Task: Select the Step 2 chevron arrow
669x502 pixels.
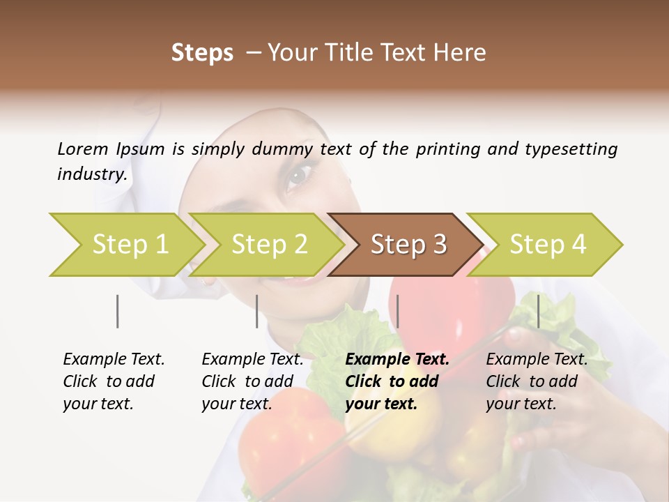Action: pos(269,245)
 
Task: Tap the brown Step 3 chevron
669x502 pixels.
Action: pos(408,245)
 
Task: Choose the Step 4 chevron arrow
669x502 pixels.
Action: pos(548,245)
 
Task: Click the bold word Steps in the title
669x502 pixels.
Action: pos(202,53)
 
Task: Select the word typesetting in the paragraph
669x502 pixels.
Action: pos(572,149)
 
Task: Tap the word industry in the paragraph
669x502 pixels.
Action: pos(92,174)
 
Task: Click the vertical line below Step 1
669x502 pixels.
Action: pos(118,311)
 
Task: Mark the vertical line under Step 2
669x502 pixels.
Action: pos(257,311)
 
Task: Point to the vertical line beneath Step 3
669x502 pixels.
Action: pos(397,311)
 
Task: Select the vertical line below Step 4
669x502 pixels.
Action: pos(538,311)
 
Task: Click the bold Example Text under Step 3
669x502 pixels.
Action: pos(397,359)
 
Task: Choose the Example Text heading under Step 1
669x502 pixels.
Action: pos(114,359)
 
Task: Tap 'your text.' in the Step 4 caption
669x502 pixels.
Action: pos(521,404)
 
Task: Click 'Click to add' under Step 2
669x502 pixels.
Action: pos(247,381)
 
